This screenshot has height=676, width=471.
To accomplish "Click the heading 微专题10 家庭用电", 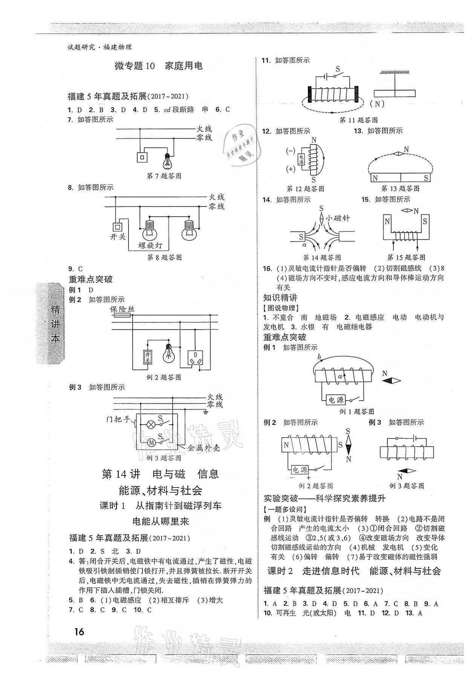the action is point(158,66).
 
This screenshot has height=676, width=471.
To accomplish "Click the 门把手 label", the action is point(118,419).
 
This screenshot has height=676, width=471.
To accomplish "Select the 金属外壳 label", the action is point(203,448).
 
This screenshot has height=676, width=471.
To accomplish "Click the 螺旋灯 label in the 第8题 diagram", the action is point(150,246).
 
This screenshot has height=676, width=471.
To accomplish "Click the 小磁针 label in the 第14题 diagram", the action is point(338,217).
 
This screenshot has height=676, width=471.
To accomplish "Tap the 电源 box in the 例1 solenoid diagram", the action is point(335,400).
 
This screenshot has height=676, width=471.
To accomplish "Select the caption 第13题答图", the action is point(400,188).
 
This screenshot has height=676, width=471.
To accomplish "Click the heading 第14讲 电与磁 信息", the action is point(160,474).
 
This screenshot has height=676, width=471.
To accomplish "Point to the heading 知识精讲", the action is point(280,298).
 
